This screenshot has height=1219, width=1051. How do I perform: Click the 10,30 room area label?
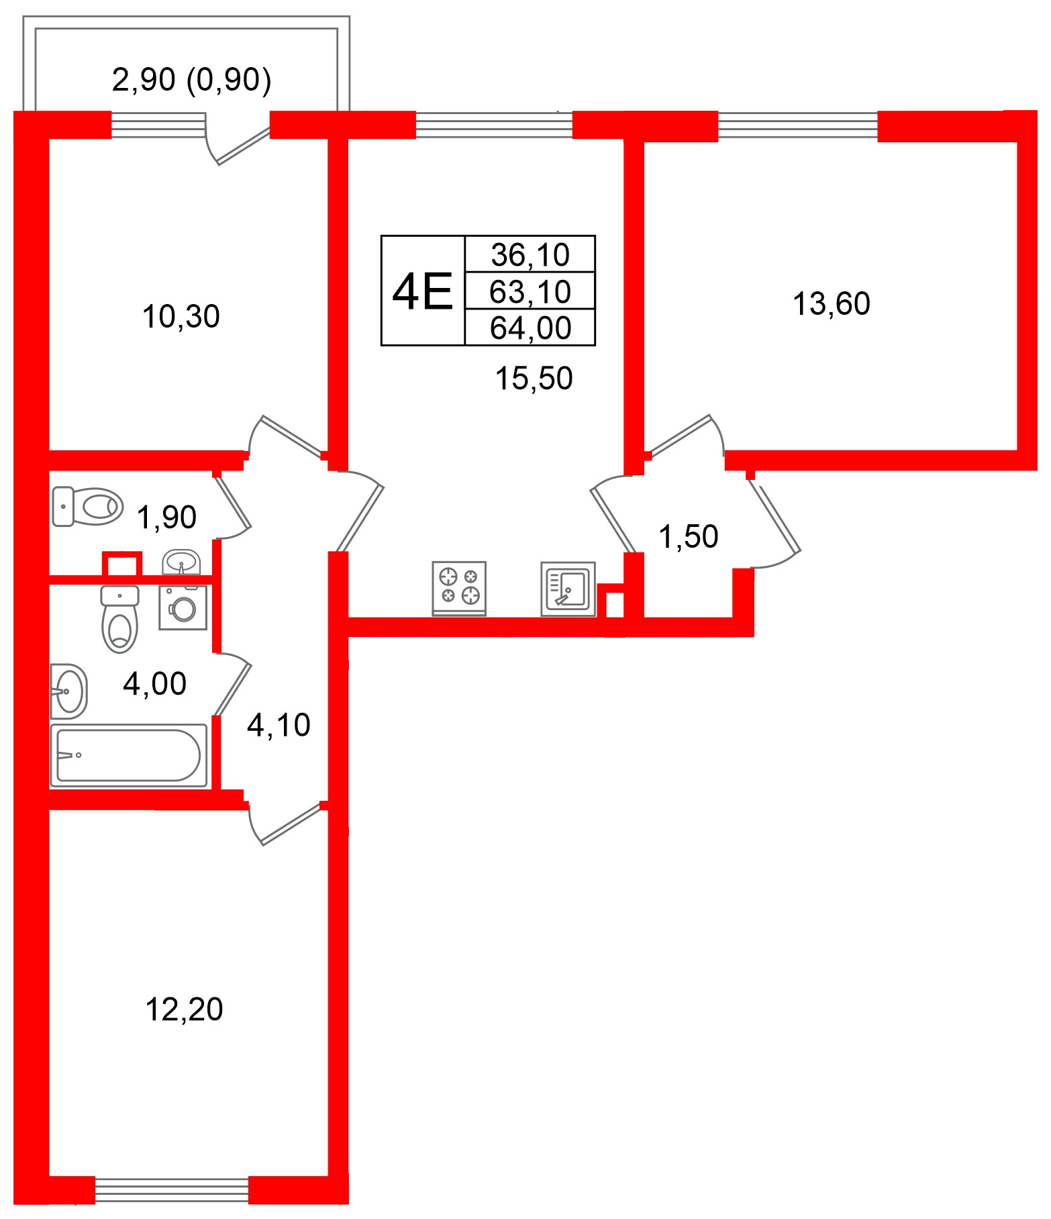pos(181,317)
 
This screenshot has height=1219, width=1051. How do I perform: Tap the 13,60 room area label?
pos(831,304)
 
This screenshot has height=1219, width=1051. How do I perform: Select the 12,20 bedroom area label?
pos(184,1009)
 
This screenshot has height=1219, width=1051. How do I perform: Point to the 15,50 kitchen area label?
pos(534,379)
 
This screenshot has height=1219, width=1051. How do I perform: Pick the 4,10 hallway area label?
pos(279,725)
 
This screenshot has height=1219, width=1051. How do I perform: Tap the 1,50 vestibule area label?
pos(688,537)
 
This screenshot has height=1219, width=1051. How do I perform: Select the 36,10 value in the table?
pos(530,254)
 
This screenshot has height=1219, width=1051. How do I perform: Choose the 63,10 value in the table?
pos(530,291)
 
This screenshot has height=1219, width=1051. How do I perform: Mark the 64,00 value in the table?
pos(530,328)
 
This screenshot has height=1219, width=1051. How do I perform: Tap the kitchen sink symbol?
pos(568,589)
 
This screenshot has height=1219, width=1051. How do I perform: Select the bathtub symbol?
pos(129,755)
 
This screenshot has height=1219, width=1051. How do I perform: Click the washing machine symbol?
pos(183,608)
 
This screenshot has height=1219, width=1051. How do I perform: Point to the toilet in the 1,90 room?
pos(87,506)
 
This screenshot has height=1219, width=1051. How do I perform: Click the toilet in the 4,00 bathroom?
pos(119,619)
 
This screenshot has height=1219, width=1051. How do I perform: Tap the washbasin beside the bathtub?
pos(68,691)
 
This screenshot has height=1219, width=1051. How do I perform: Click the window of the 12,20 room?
pos(172,1191)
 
